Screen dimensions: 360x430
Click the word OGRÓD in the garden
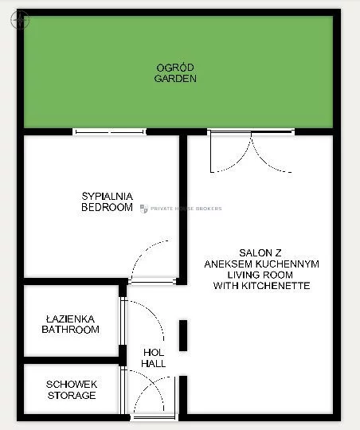pyautogui.click(x=175, y=68)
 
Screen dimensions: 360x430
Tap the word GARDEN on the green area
pyautogui.click(x=175, y=78)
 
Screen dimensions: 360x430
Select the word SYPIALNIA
pyautogui.click(x=108, y=197)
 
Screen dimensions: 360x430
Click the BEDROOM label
pyautogui.click(x=107, y=207)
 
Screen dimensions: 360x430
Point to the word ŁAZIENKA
pyautogui.click(x=71, y=319)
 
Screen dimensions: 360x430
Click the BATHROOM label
pyautogui.click(x=71, y=330)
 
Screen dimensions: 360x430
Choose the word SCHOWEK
pyautogui.click(x=72, y=385)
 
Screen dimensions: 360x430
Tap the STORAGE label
pyautogui.click(x=72, y=396)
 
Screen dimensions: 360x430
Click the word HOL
pyautogui.click(x=154, y=353)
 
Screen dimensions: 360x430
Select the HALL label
pyautogui.click(x=154, y=364)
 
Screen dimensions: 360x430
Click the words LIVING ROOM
pyautogui.click(x=260, y=275)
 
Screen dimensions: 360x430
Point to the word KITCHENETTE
pyautogui.click(x=276, y=286)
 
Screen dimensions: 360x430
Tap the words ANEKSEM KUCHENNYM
pyautogui.click(x=261, y=264)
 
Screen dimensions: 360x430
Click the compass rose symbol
pyautogui.click(x=20, y=20)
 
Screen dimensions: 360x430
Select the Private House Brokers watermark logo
pyautogui.click(x=144, y=209)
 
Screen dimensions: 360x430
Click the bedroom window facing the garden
pyautogui.click(x=109, y=132)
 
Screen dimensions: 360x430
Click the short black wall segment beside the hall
pyautogui.click(x=183, y=335)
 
